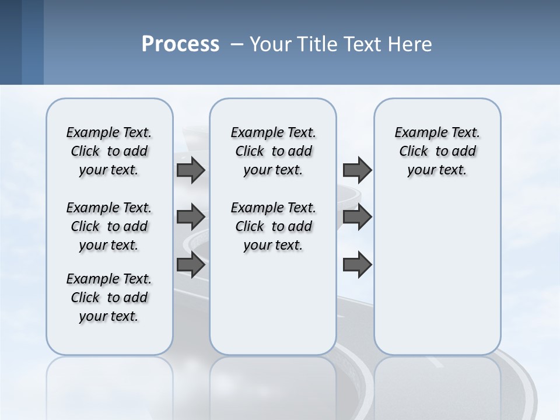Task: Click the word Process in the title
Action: click(180, 44)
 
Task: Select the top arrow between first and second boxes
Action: click(191, 170)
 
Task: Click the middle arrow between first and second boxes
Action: click(191, 217)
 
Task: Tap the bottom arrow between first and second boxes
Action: click(191, 265)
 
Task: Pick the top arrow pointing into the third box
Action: click(357, 170)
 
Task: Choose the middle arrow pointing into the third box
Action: click(357, 217)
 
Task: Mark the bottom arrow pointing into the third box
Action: click(357, 265)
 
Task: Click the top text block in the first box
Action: click(109, 151)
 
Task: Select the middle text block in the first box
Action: click(109, 226)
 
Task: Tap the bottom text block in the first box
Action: click(109, 297)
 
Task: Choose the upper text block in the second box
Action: click(273, 151)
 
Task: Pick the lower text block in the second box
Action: click(273, 226)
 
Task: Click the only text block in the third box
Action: click(437, 151)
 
